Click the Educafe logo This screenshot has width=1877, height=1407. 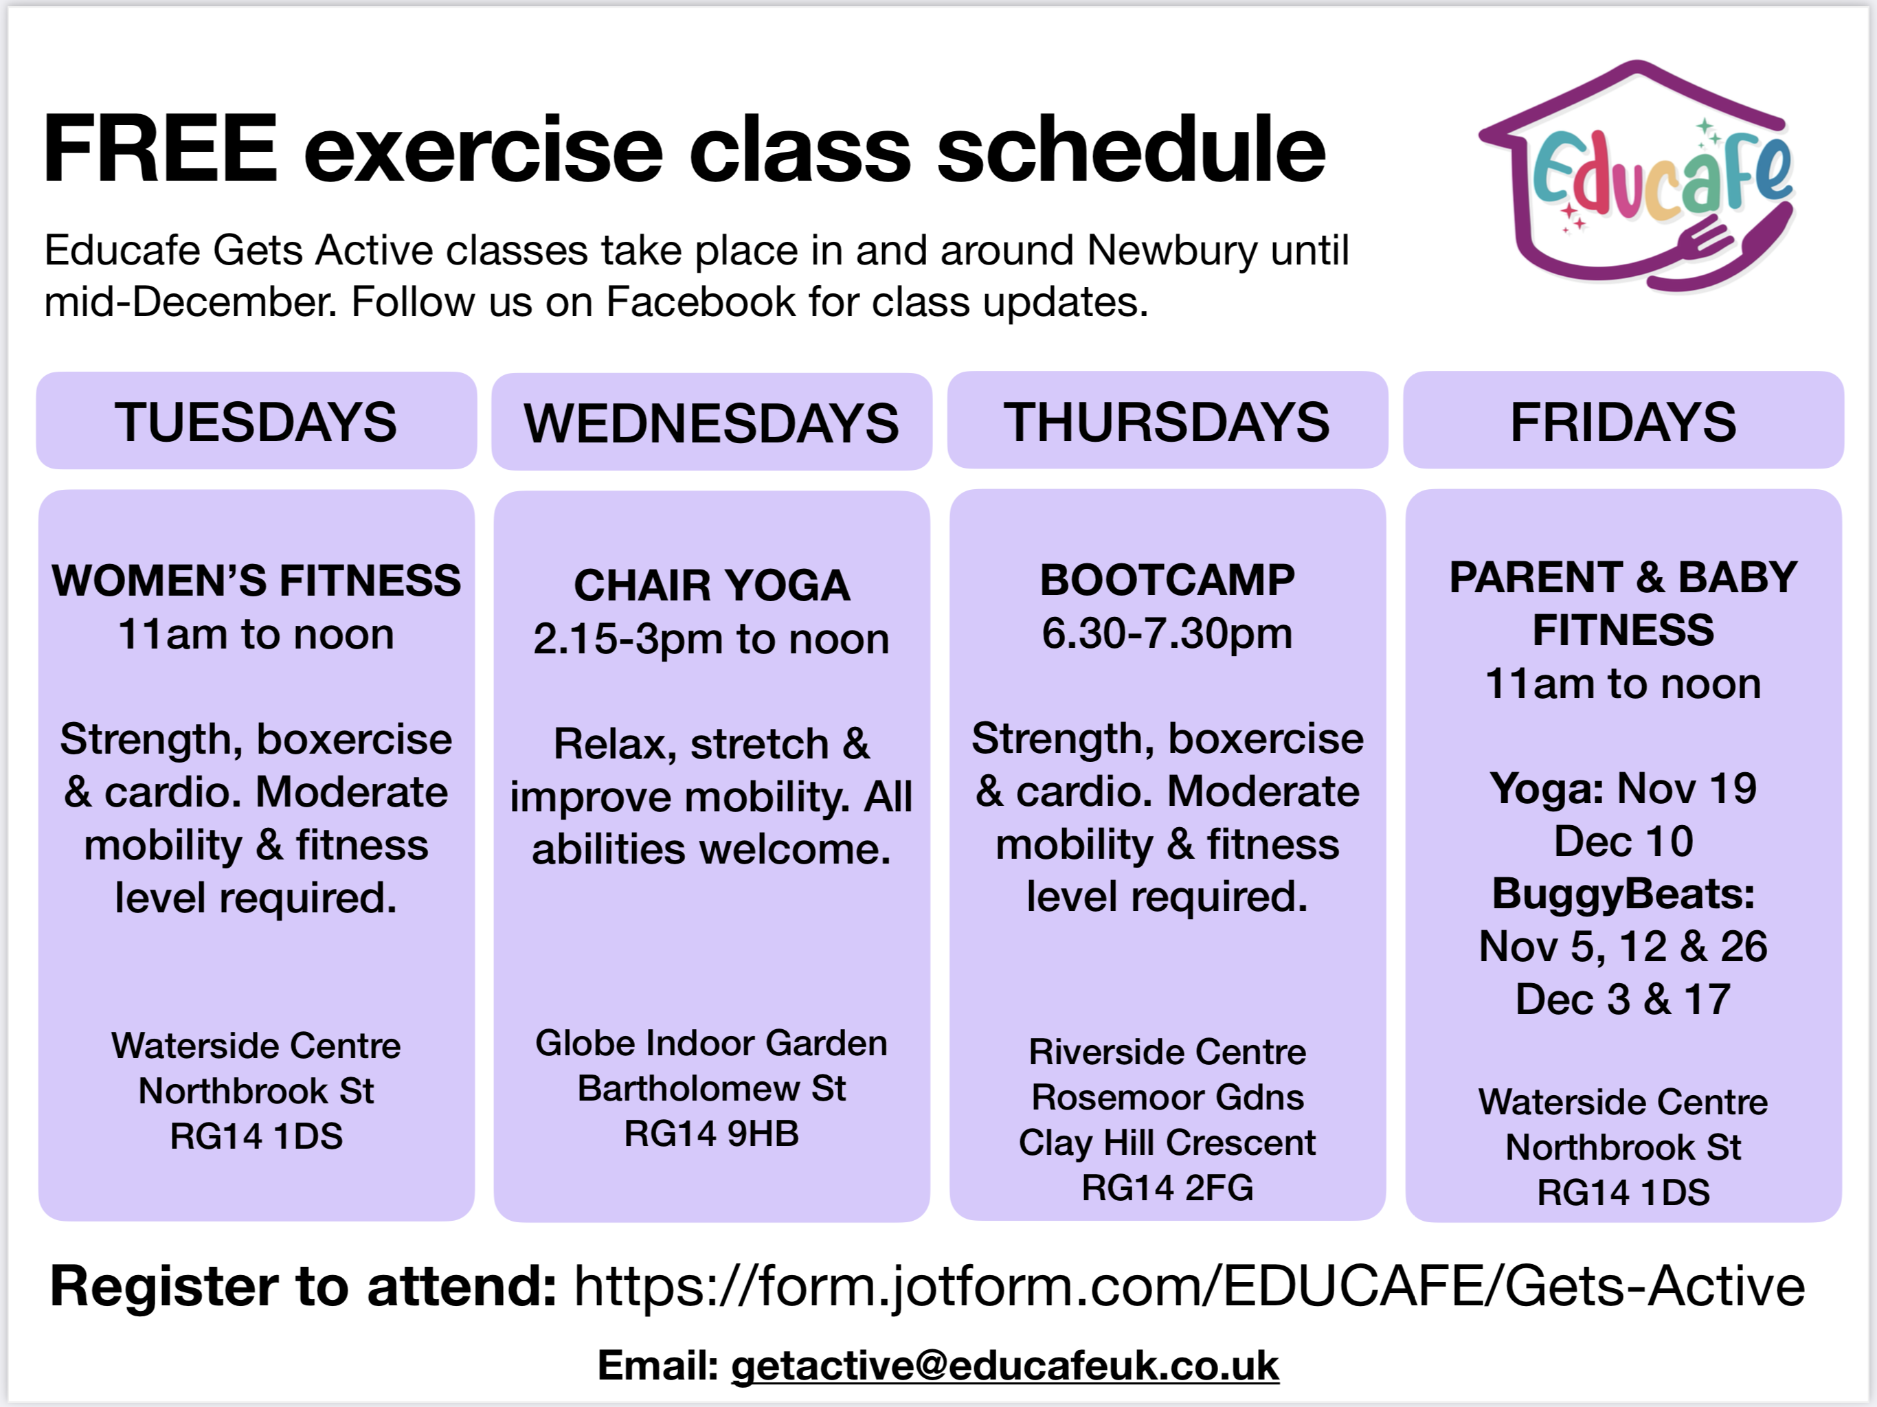pyautogui.click(x=1636, y=177)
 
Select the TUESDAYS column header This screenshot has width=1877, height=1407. pyautogui.click(x=256, y=421)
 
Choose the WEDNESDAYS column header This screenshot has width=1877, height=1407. pyautogui.click(x=712, y=423)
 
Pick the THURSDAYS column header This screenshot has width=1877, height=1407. pyautogui.click(x=1167, y=421)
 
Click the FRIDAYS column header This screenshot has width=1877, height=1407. pyautogui.click(x=1623, y=421)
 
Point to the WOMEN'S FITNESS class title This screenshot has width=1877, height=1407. pyautogui.click(x=256, y=581)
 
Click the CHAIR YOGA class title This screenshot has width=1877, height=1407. pyautogui.click(x=712, y=585)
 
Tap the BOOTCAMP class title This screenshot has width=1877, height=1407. pyautogui.click(x=1167, y=581)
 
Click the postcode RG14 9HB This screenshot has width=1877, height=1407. pyautogui.click(x=712, y=1134)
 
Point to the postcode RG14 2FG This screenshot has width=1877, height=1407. pyautogui.click(x=1167, y=1188)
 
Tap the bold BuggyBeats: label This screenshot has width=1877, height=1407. pyautogui.click(x=1623, y=894)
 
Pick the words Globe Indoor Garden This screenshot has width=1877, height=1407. pyautogui.click(x=712, y=1043)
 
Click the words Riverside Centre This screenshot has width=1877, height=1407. pyautogui.click(x=1167, y=1053)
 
